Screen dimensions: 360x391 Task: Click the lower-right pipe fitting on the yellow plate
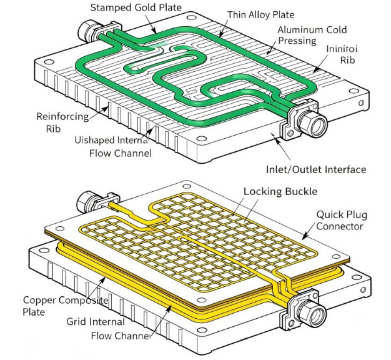click(x=310, y=310)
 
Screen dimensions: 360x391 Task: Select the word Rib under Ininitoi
click(x=347, y=61)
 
